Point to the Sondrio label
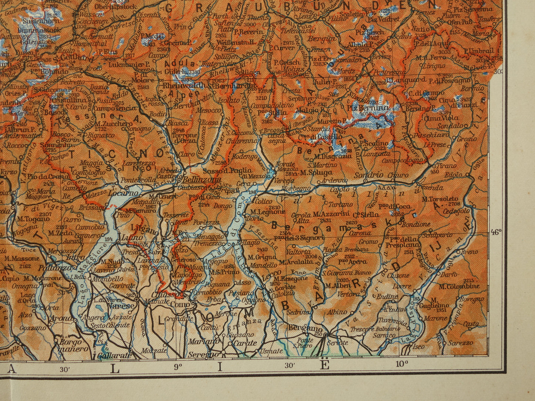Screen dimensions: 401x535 [368, 175]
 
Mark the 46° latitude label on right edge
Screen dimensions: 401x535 [496, 232]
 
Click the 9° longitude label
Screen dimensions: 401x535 [178, 367]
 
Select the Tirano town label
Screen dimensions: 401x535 [445, 166]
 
